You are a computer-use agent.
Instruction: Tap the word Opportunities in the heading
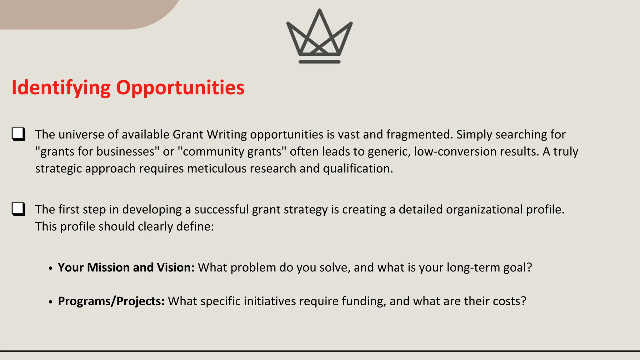[x=180, y=87]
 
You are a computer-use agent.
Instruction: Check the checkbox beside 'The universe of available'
[x=18, y=134]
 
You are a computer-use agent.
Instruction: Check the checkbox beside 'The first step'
[x=18, y=209]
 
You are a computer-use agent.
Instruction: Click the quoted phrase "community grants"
[x=232, y=152]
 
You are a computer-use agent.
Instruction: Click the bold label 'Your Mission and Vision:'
[x=126, y=267]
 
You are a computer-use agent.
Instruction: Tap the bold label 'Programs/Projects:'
[x=111, y=301]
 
